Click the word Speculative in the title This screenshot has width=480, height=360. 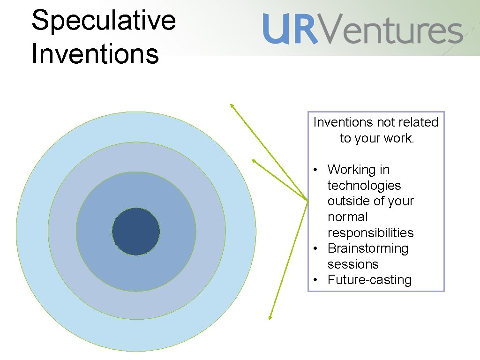[x=104, y=21]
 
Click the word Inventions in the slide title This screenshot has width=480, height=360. [x=95, y=53]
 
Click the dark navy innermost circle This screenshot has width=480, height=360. [x=136, y=232]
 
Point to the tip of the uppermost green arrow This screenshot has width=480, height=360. [x=231, y=105]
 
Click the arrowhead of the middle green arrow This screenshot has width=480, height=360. [x=253, y=160]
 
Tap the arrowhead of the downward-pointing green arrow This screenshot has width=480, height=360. [x=270, y=318]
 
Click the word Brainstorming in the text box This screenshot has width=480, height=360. [x=368, y=248]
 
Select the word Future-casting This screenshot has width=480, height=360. [x=369, y=280]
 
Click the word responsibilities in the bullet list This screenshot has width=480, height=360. [x=370, y=233]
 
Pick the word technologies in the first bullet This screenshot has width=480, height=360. [x=364, y=186]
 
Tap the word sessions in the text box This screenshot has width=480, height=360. [x=352, y=264]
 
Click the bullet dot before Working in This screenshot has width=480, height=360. [x=317, y=170]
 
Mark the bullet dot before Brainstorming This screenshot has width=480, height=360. [x=317, y=248]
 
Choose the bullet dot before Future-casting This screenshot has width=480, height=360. [x=317, y=280]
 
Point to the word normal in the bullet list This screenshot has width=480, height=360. [x=347, y=217]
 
